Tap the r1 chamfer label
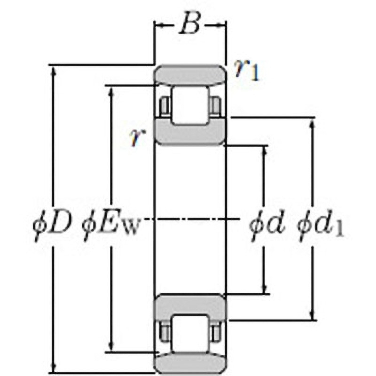pyautogui.click(x=247, y=70)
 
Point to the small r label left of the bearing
pyautogui.click(x=136, y=138)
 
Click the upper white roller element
pyautogui.click(x=190, y=105)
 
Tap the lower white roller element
pyautogui.click(x=190, y=333)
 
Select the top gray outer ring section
pyautogui.click(x=190, y=75)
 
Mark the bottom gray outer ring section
pyautogui.click(x=190, y=363)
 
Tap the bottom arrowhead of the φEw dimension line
pyautogui.click(x=112, y=347)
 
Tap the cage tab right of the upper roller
pyautogui.click(x=215, y=105)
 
